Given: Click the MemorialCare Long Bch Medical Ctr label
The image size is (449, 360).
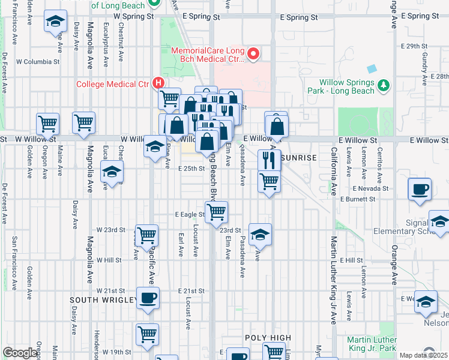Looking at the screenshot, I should tap(208, 55).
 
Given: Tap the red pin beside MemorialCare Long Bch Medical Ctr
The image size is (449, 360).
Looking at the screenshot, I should tap(253, 55).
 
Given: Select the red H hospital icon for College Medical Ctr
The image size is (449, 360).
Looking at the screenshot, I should tap(158, 83).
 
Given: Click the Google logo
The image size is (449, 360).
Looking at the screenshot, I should tap(20, 353).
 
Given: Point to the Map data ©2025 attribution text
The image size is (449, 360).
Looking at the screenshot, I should tap(424, 355).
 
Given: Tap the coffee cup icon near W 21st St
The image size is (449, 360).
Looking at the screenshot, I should tap(148, 298).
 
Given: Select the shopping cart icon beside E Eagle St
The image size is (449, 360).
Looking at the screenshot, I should tap(216, 212).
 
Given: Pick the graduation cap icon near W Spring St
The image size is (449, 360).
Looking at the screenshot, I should tap(55, 22).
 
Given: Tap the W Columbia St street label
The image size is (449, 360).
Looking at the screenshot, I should tap(38, 61).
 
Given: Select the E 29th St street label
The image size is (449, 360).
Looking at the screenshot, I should tap(414, 46).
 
